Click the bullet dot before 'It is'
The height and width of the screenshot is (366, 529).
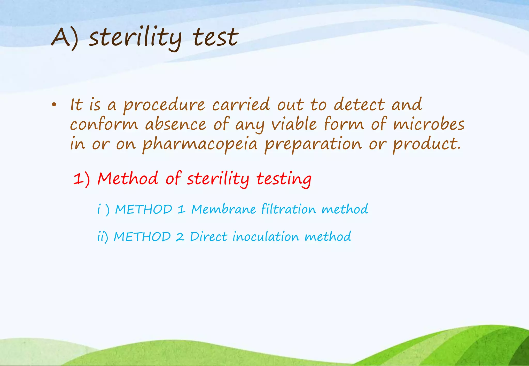(x=54, y=105)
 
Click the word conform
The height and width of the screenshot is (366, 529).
(x=104, y=124)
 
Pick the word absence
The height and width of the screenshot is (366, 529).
(x=175, y=124)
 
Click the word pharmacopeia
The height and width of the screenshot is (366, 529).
(x=200, y=145)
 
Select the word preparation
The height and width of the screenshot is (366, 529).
(x=313, y=145)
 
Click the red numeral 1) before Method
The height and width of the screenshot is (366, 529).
(x=81, y=179)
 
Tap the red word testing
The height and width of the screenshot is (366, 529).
(x=284, y=179)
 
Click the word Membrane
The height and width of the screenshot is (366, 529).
(x=223, y=209)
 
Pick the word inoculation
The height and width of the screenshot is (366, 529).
(x=266, y=236)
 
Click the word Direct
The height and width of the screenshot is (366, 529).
(x=209, y=236)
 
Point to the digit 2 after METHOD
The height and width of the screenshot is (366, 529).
(x=180, y=237)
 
